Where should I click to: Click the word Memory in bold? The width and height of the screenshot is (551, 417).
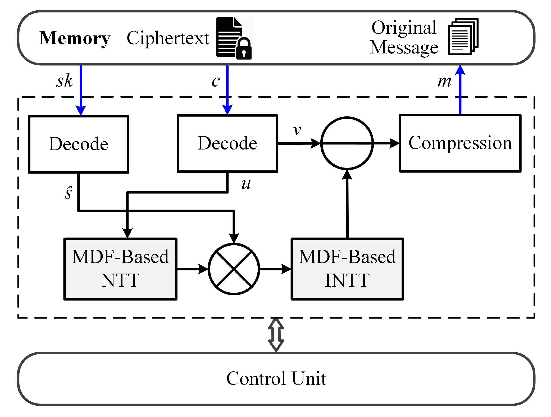pos(74,38)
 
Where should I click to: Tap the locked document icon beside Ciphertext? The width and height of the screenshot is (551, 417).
pos(233,38)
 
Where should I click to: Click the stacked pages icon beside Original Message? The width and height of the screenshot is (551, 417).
pos(463,37)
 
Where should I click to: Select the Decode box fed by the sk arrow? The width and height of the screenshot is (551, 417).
pos(79,144)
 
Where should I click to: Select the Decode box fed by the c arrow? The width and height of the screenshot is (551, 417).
pos(227,143)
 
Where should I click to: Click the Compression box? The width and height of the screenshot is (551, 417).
pos(460,143)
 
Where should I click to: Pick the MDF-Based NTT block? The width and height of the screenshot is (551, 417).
pos(120,269)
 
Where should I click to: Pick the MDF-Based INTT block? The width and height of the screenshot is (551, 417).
pos(347,269)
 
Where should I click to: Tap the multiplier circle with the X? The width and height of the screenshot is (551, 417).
pos(234,269)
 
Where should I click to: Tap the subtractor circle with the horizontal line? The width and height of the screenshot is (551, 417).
pos(347,143)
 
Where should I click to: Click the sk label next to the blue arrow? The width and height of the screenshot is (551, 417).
pos(64,81)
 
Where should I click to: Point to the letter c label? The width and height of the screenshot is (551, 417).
pos(216,81)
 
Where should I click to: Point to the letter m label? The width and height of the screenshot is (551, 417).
pos(444,81)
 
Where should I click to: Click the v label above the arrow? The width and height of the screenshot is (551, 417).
pos(297,130)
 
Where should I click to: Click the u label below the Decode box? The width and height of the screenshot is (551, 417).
pos(246,184)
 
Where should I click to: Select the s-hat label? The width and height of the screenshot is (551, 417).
pos(68,193)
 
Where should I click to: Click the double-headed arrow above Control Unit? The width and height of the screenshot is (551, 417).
pos(276,335)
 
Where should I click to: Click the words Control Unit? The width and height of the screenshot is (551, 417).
pos(276,378)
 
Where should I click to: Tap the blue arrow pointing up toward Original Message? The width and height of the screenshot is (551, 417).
pos(460,90)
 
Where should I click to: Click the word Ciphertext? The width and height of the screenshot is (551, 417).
pos(168,38)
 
